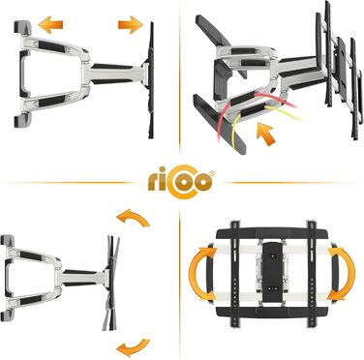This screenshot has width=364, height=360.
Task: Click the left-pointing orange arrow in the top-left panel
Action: tap(50, 24)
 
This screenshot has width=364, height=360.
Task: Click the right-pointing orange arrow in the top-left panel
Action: tap(131, 24)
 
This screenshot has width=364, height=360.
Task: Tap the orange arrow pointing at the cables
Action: tap(265, 134)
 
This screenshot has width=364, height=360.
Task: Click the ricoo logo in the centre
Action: tap(181, 182)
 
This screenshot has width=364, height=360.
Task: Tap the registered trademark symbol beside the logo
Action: tap(212, 173)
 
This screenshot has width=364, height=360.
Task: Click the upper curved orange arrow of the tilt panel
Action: tap(133, 217)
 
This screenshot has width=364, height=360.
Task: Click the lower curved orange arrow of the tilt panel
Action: tap(133, 347)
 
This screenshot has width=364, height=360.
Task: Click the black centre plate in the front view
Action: tap(273, 273)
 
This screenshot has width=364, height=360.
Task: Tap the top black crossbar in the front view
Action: tap(272, 233)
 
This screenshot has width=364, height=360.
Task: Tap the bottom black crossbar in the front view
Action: tap(272, 312)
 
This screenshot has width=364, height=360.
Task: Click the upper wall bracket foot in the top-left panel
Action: tap(22, 27)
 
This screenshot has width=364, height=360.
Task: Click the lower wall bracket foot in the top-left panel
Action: tap(22, 120)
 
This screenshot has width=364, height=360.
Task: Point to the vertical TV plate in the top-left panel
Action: tap(151, 80)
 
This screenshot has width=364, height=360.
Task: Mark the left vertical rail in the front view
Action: tap(235, 273)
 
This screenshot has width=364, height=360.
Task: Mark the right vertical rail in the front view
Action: tap(312, 273)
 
